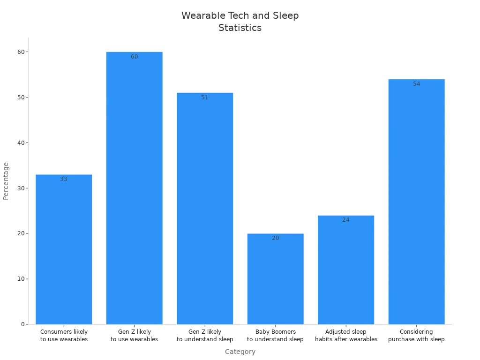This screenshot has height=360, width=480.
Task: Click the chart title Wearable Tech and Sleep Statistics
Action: click(240, 22)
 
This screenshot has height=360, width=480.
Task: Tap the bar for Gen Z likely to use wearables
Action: click(135, 187)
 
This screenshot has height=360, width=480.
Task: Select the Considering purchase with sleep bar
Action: click(416, 202)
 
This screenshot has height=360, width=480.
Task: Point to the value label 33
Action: click(64, 179)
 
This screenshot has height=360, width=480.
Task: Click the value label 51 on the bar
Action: click(205, 97)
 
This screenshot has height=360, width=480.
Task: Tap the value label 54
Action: click(416, 84)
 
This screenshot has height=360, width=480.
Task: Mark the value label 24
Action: click(346, 220)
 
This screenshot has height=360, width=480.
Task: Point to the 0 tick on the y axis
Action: click(22, 324)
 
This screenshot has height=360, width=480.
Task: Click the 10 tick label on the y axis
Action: click(21, 279)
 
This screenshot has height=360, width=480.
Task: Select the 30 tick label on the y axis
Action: click(21, 188)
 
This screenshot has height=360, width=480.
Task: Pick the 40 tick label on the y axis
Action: click(21, 143)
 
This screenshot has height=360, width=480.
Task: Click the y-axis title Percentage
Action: click(6, 181)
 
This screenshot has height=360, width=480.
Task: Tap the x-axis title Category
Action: click(240, 352)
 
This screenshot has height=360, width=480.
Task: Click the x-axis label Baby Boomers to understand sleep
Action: click(275, 336)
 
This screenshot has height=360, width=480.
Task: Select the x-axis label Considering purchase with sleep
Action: click(416, 336)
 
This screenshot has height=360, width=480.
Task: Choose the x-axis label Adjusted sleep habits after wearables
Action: click(346, 336)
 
